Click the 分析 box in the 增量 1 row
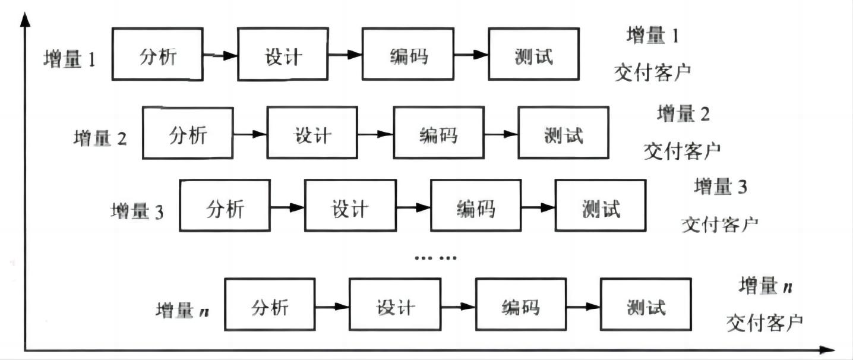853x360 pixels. pyautogui.click(x=157, y=55)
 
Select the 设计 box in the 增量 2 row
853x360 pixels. pyautogui.click(x=312, y=133)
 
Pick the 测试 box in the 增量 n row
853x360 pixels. pyautogui.click(x=645, y=304)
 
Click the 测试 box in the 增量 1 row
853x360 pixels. pyautogui.click(x=533, y=55)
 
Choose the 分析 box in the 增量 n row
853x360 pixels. pyautogui.click(x=270, y=304)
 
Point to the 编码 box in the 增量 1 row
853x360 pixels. pyautogui.click(x=408, y=55)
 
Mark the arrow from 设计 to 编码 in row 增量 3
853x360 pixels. pyautogui.click(x=412, y=207)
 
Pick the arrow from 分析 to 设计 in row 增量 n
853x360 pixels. pyautogui.click(x=332, y=307)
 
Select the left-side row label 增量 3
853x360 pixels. pyautogui.click(x=137, y=211)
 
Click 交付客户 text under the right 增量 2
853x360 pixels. pyautogui.click(x=682, y=150)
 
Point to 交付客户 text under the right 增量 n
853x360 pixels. pyautogui.click(x=764, y=323)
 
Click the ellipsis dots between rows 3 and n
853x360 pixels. pyautogui.click(x=435, y=258)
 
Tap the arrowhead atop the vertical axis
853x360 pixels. pyautogui.click(x=24, y=19)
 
